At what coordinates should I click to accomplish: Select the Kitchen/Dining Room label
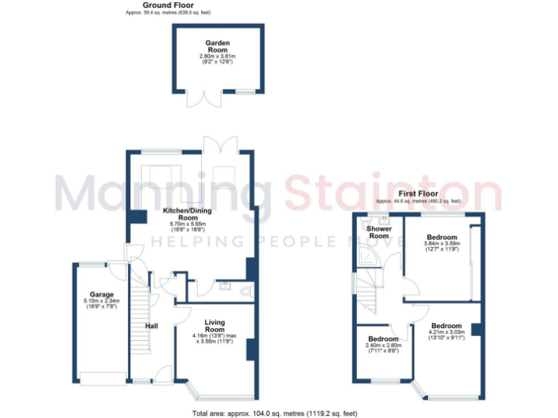[x=188, y=213]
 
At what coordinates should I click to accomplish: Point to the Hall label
[x=151, y=326]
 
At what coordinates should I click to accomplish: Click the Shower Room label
[x=379, y=232]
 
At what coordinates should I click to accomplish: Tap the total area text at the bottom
[x=275, y=413]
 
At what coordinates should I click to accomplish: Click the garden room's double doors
[x=198, y=100]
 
